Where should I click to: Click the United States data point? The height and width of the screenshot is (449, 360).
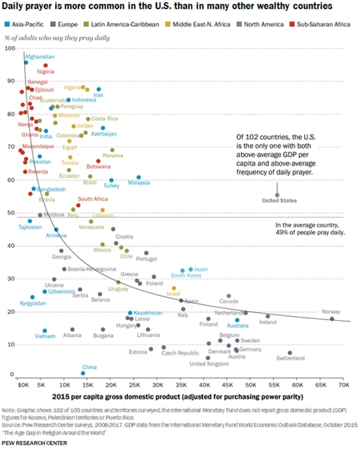pos(277,195)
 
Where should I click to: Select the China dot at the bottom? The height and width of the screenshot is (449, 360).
pos(83,373)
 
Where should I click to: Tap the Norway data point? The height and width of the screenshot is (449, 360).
pos(332,319)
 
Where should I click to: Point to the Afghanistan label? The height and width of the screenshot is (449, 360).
pos(39,57)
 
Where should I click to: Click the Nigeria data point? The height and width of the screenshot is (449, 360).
pos(46,65)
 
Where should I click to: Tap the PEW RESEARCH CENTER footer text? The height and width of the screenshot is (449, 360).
pos(35,443)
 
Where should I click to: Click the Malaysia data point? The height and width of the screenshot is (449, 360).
pos(139,177)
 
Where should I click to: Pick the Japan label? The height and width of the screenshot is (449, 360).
pos(201,269)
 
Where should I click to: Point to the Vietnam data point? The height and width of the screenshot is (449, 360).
pos(45,331)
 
